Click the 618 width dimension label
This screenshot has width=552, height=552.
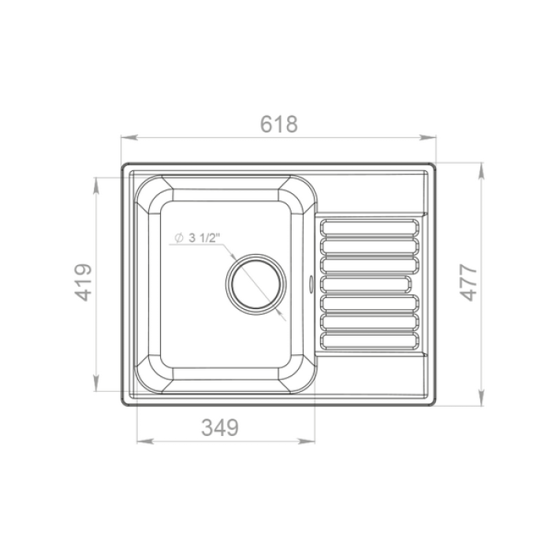279,124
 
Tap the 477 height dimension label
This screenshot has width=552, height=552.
468,282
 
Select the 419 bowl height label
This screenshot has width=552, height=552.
84,282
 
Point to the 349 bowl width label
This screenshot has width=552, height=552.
220,427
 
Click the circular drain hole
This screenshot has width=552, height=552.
256,284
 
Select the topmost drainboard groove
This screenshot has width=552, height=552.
370,227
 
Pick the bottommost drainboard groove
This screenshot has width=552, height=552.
370,341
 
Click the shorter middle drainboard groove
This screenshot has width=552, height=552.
365,284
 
